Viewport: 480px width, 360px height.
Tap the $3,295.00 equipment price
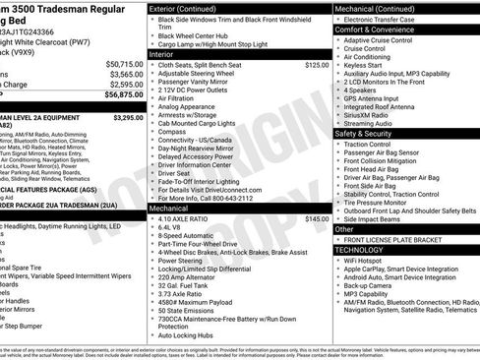(x=128, y=117)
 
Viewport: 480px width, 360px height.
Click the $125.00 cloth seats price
(x=317, y=65)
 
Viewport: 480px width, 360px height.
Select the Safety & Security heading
(x=364, y=133)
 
